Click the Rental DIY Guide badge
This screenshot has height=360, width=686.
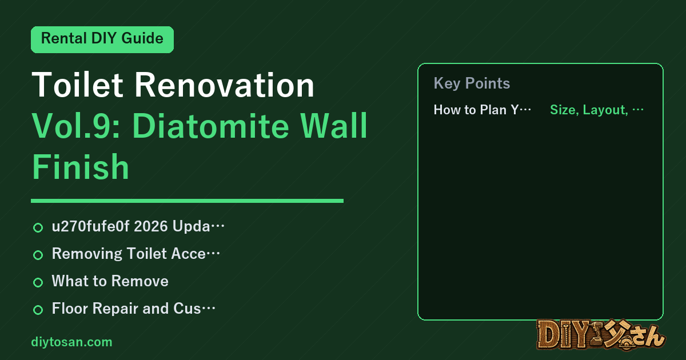102,39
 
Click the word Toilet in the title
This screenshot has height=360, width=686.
77,85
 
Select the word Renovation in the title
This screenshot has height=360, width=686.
225,85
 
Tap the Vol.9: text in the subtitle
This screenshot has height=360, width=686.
76,126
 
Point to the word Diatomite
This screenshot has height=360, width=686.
211,126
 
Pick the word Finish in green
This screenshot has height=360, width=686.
80,167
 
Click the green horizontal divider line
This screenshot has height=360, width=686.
187,201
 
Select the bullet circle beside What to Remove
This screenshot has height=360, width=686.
38,282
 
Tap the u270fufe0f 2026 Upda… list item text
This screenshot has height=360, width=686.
138,226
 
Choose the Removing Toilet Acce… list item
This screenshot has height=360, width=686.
136,254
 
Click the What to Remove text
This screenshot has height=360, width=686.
110,281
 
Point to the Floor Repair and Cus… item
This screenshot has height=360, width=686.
134,308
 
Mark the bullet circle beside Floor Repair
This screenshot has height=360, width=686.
38,310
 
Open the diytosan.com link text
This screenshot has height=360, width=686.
71,342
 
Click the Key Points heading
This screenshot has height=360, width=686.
472,83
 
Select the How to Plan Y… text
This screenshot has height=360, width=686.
482,110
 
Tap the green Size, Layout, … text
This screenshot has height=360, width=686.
597,110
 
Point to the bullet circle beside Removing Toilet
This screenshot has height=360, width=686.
38,255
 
